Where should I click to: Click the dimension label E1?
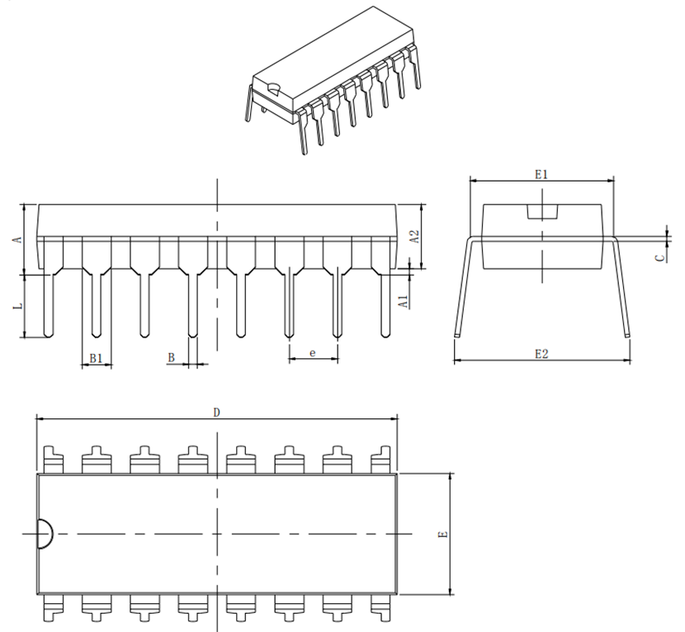[x=541, y=175]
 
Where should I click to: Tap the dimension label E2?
[x=541, y=354]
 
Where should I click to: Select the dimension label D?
[x=217, y=413]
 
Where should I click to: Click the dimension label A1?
[x=404, y=301]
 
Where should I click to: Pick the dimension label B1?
[x=96, y=358]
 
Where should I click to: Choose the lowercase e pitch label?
[x=312, y=352]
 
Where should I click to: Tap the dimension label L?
[x=18, y=307]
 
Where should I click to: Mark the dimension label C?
[x=660, y=257]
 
